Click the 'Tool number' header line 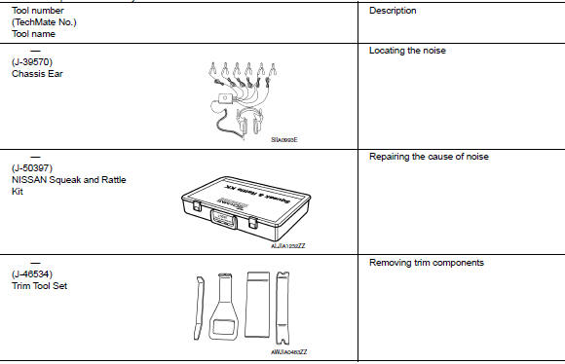39,11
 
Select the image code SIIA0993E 284,140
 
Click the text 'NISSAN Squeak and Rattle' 69,180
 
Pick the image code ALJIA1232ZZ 288,245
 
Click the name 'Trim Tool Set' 43,286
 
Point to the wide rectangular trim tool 257,305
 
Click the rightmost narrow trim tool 284,307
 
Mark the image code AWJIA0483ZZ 289,351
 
